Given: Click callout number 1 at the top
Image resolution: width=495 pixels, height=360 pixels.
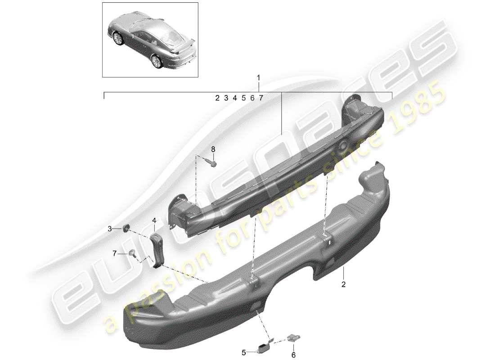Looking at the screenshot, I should [x=258, y=78].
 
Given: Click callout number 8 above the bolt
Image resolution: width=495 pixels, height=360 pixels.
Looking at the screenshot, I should [x=213, y=149].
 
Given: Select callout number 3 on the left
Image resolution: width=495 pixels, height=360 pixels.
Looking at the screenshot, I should [x=109, y=229].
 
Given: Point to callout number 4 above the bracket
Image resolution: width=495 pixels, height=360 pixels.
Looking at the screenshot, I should [x=154, y=220].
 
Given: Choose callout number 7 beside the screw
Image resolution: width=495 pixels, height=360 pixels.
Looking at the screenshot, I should [x=115, y=254].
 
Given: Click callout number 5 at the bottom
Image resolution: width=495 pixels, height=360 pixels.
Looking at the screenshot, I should [x=243, y=352].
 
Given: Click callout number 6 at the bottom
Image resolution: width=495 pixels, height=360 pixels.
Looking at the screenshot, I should [x=294, y=355].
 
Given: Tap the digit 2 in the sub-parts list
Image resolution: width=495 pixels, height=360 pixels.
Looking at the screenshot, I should [x=217, y=98].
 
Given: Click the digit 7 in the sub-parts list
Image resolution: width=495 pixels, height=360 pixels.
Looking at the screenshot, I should [x=261, y=98].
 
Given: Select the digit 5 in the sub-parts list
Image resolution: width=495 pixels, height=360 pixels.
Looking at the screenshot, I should [x=243, y=98].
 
